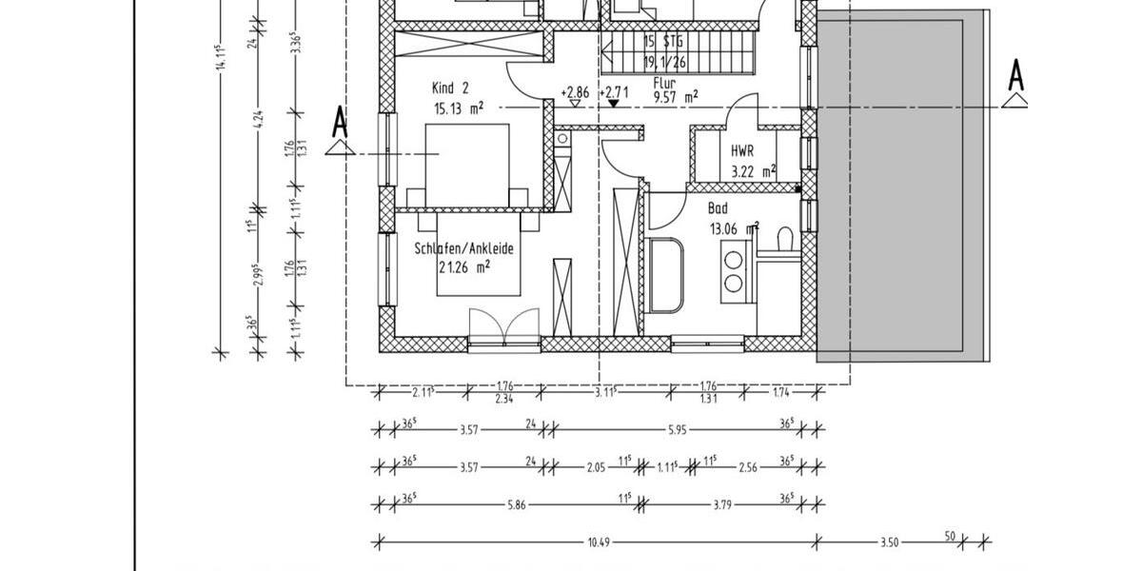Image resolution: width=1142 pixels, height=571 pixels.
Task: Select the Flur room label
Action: click(663, 82)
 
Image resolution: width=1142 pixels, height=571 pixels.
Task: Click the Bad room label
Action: click(718, 208)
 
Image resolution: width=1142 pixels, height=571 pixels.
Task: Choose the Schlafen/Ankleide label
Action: click(463, 248)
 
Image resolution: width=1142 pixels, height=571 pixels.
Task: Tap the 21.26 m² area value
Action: click(463, 267)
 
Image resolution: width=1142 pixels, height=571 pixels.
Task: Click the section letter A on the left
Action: click(338, 121)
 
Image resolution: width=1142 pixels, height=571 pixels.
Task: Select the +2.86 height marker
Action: click(575, 92)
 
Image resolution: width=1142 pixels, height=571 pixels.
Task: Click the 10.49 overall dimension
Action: click(598, 542)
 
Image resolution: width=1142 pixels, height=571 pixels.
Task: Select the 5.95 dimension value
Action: click(677, 429)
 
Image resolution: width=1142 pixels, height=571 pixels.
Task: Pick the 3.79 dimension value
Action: click(724, 503)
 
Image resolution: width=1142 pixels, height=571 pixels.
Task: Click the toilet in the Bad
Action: click(785, 240)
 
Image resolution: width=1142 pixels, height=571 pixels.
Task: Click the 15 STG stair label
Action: click(663, 42)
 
